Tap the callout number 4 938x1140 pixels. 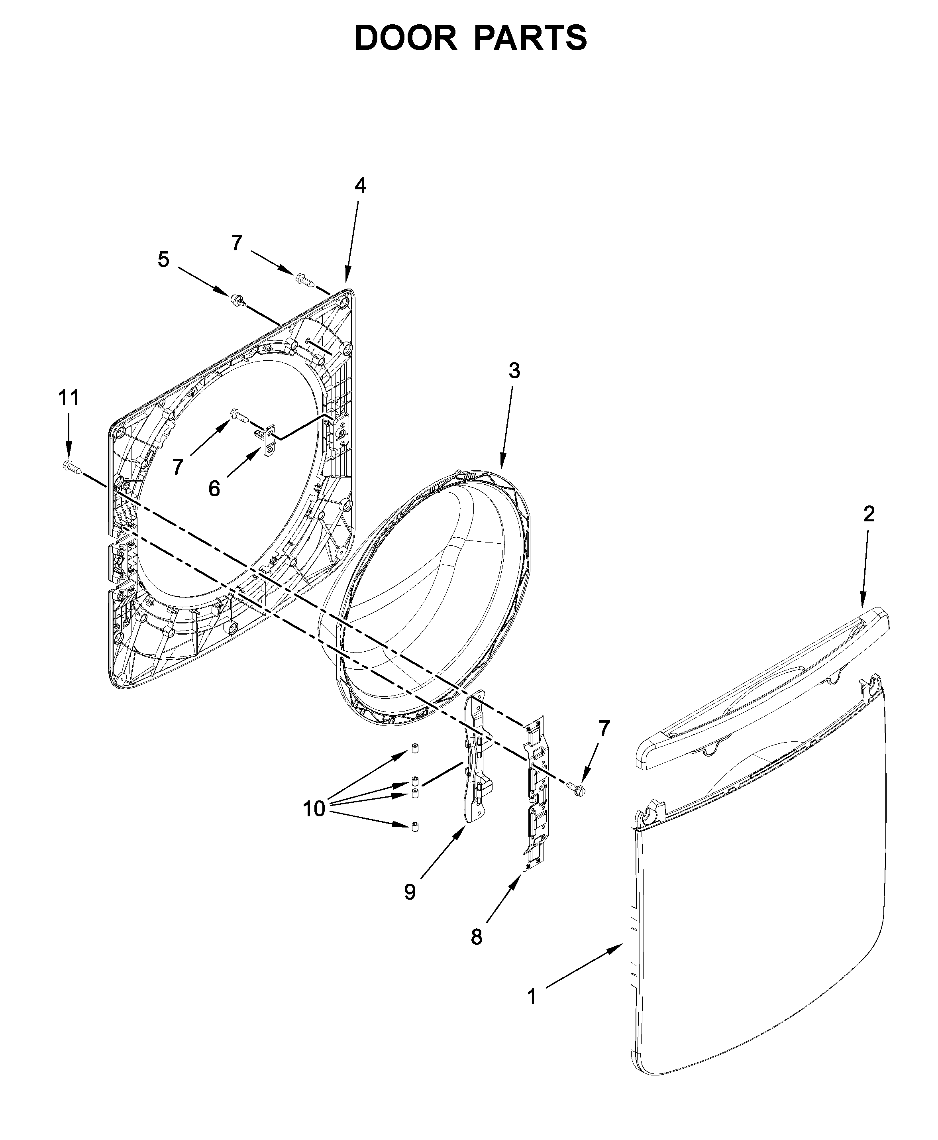(360, 186)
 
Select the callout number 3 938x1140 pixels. (514, 371)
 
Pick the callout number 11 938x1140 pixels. (69, 398)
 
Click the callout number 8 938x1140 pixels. (476, 937)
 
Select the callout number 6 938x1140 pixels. (214, 489)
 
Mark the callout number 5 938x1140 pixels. (163, 259)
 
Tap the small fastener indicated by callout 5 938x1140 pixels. (238, 301)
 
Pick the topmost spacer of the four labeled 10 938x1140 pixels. (414, 749)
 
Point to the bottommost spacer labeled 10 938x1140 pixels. (414, 827)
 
